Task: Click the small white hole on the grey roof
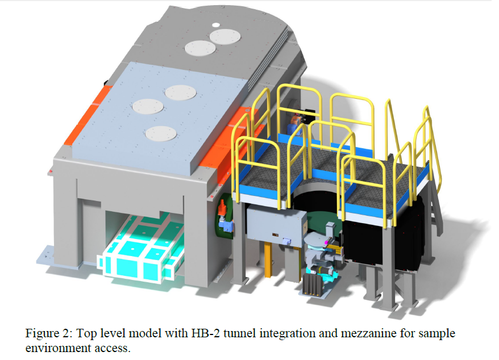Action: pyautogui.click(x=216, y=25)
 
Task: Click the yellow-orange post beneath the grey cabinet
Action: pyautogui.click(x=268, y=258)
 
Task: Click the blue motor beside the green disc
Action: pyautogui.click(x=228, y=226)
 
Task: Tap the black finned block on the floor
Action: pyautogui.click(x=312, y=284)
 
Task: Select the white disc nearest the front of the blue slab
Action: pyautogui.click(x=161, y=133)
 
